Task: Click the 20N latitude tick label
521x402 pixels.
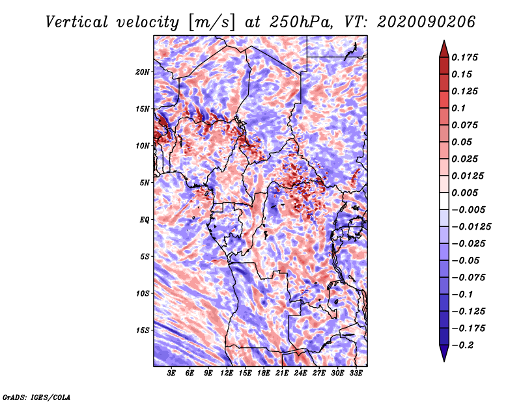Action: [x=143, y=72]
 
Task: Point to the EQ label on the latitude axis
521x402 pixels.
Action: [x=145, y=220]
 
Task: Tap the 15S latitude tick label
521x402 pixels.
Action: [x=143, y=330]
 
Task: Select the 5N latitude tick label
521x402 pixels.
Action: [x=145, y=183]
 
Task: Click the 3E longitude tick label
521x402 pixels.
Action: [x=171, y=373]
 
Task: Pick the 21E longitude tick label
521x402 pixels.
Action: [x=282, y=373]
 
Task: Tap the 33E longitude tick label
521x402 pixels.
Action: [x=356, y=373]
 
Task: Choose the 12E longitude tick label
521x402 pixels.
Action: [x=227, y=373]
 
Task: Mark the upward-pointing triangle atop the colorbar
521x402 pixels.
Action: [x=443, y=47]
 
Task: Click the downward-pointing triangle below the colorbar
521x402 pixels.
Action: [x=443, y=354]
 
